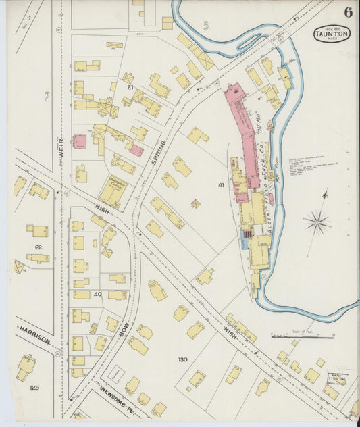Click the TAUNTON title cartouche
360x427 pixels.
(332, 34)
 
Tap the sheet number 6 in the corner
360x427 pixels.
(347, 12)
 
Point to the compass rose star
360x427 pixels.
(317, 222)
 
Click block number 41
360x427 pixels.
(220, 184)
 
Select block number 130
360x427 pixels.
(182, 359)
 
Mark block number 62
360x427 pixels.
(38, 248)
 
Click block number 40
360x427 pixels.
(97, 294)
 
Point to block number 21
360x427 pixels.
(130, 87)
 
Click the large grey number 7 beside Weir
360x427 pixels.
(47, 97)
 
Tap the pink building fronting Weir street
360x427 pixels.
(79, 142)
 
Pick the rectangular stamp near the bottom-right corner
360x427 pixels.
(337, 380)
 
